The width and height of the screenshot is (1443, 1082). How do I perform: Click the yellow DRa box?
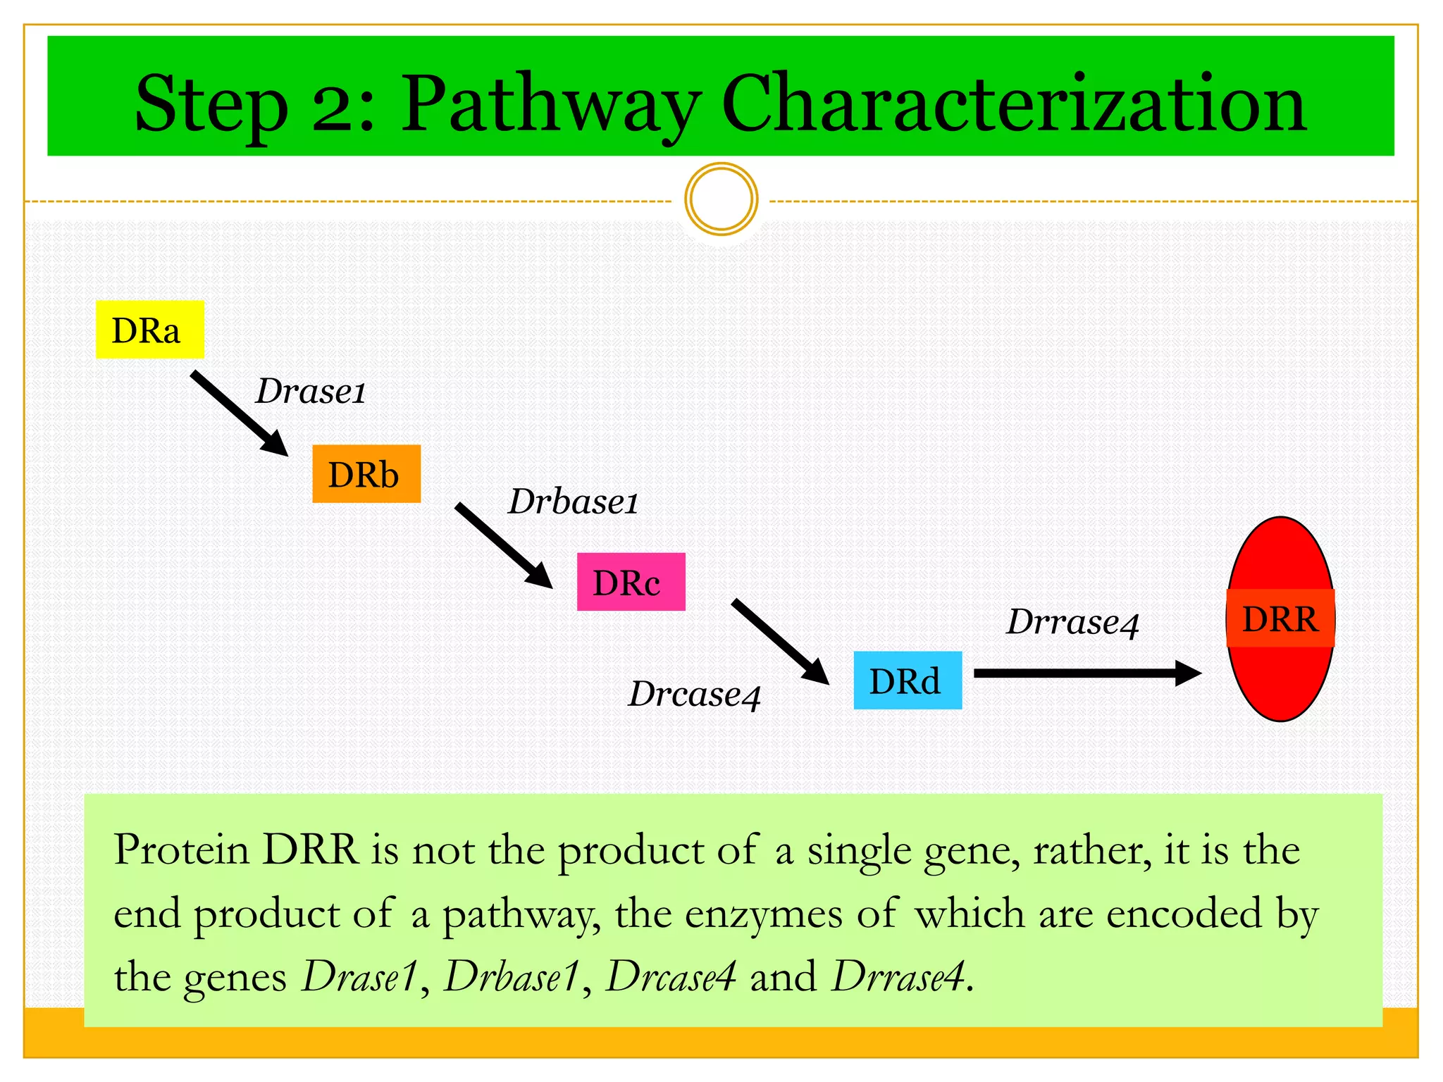149,330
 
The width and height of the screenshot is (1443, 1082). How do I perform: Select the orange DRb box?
366,474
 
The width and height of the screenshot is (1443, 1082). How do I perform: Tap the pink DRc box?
631,582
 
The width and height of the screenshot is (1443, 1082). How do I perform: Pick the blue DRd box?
908,680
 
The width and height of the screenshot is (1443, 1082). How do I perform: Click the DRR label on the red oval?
1280,618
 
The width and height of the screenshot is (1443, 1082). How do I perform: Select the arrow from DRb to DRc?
503,545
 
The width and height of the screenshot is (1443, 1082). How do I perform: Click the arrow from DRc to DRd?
780,641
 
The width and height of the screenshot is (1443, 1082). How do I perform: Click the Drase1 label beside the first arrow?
311,392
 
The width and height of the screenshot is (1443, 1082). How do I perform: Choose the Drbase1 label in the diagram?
573,502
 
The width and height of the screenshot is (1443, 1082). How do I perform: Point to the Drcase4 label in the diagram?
695,695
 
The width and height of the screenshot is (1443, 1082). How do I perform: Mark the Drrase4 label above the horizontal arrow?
1072,623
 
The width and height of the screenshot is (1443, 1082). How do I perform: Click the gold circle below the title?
721,199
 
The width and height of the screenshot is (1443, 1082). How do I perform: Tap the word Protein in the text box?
182,850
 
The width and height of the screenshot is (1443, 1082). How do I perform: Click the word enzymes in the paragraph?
763,914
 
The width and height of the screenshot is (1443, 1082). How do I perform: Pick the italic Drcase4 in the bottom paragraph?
671,977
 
